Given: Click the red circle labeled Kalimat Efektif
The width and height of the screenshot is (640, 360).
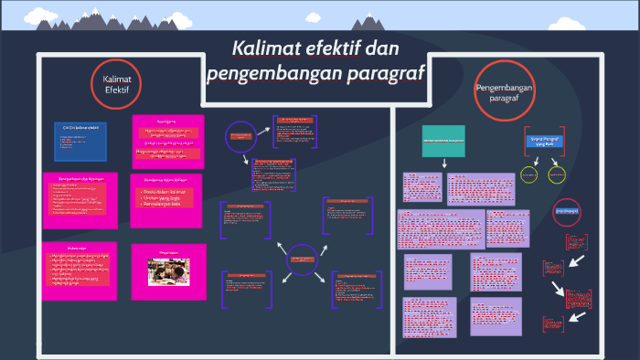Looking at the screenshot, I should coord(116,85).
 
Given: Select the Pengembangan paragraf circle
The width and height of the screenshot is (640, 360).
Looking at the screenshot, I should coord(504,91).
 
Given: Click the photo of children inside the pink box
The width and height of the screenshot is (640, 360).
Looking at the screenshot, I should coord(167,272).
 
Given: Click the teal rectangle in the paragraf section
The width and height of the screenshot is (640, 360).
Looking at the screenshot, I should coord(443,142).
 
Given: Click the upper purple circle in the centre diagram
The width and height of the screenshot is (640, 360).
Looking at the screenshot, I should coord(240,136).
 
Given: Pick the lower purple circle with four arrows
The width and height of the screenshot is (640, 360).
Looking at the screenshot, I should coord(302,259).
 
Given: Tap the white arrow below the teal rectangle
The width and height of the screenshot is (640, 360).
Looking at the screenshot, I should coord(443,164).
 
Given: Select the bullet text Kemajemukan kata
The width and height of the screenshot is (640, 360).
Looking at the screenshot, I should coord(162,203).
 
